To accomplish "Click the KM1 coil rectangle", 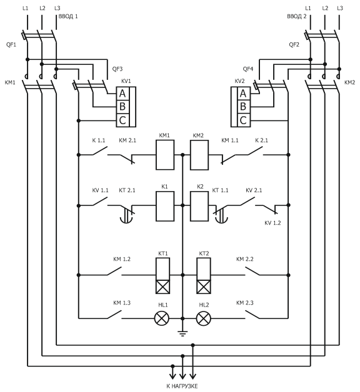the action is (165, 155).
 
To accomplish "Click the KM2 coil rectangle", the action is (199, 155).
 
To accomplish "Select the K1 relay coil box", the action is (165, 206).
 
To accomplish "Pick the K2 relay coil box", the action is (199, 206).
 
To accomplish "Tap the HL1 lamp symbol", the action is (162, 318).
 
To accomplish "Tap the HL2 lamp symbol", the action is (204, 318).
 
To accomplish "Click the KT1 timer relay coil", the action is (162, 276).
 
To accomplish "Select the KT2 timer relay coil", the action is (204, 276).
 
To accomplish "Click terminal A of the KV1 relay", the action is (122, 94).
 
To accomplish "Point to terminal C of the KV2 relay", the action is (243, 120).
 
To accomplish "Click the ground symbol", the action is (182, 333).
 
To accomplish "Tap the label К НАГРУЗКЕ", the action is (182, 386).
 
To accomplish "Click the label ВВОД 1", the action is (68, 16).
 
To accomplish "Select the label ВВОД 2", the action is (297, 16).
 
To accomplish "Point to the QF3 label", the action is (117, 69).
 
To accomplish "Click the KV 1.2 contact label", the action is (272, 223).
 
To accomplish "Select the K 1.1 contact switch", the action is (100, 151).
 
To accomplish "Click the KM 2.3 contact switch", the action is (252, 315).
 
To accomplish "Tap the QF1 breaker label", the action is (11, 45).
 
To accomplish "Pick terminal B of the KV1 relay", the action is (122, 107).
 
